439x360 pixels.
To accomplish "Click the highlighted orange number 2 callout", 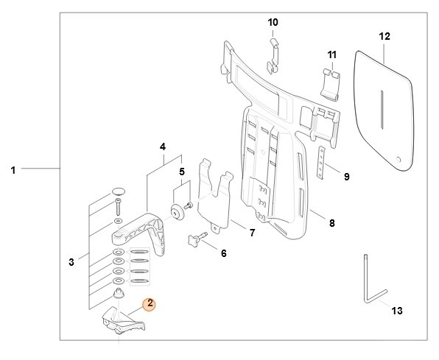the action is (150, 304).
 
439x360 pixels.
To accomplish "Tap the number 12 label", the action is (384, 37).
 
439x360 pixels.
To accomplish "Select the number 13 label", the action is (397, 311).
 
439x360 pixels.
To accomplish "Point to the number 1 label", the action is (13, 170).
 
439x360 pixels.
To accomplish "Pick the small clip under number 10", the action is (273, 56).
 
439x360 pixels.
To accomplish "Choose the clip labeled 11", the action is (331, 85).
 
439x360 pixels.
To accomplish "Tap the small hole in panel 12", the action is (398, 160).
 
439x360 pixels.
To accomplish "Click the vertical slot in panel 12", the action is (382, 110).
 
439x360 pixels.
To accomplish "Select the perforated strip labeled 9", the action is (321, 163).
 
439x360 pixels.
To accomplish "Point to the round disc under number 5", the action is (177, 213).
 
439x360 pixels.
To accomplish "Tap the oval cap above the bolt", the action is (119, 191).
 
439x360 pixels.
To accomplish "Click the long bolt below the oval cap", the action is (119, 207).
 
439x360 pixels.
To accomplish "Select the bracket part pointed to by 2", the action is (123, 321).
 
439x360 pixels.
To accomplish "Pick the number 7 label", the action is (252, 233).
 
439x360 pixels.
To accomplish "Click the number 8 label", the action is (331, 223).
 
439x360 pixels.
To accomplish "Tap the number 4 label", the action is (163, 147).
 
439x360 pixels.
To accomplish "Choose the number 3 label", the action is (71, 262).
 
